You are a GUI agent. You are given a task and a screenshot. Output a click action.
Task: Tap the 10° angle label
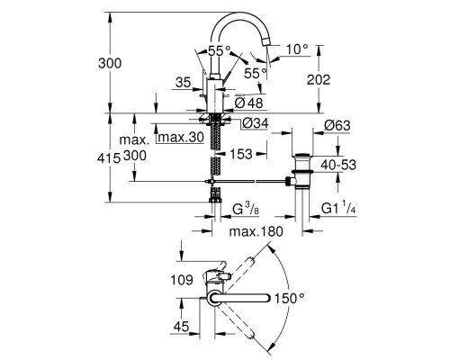(x=296, y=47)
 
